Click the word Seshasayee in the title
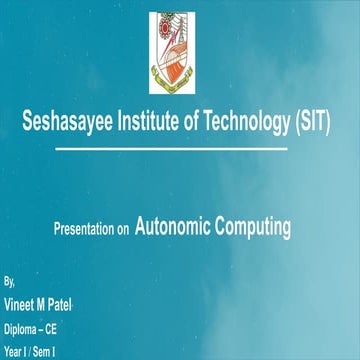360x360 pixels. tap(67, 122)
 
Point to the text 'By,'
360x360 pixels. tap(10, 284)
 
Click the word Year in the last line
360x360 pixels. tap(14, 351)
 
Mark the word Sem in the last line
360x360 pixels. tap(44, 351)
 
